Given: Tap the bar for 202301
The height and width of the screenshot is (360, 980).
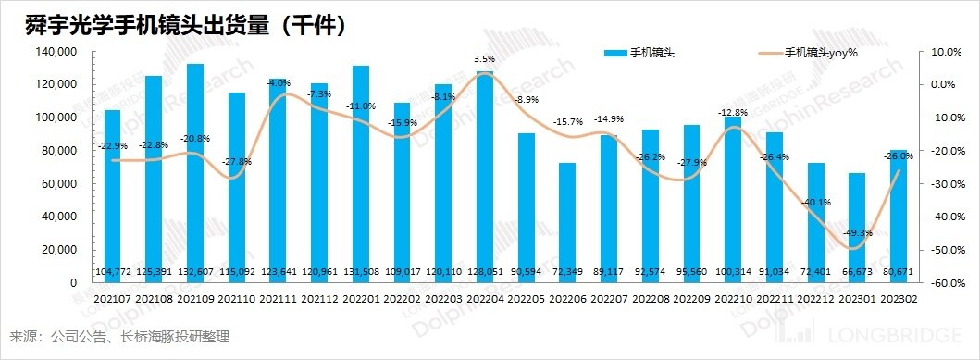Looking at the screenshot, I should point(856,222).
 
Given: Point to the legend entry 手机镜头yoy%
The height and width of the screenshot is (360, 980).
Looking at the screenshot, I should point(820,52).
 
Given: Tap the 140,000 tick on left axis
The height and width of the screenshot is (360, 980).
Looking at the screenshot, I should point(57,52).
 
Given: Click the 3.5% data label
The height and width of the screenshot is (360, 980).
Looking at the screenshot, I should point(483,59).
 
